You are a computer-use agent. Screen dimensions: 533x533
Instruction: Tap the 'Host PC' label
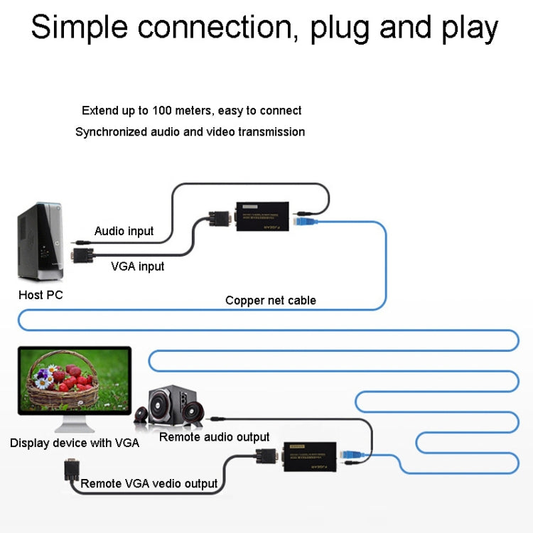[41, 295]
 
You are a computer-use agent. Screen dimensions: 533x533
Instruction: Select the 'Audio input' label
[124, 231]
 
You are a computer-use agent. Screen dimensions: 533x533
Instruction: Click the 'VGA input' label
[137, 266]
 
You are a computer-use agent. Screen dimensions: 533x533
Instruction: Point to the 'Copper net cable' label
[270, 300]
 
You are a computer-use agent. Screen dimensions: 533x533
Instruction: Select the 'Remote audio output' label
[214, 437]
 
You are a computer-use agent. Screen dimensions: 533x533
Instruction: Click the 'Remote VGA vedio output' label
[149, 484]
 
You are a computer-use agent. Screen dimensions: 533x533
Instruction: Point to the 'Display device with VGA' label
[75, 443]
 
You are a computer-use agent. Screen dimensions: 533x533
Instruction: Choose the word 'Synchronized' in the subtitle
[111, 131]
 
